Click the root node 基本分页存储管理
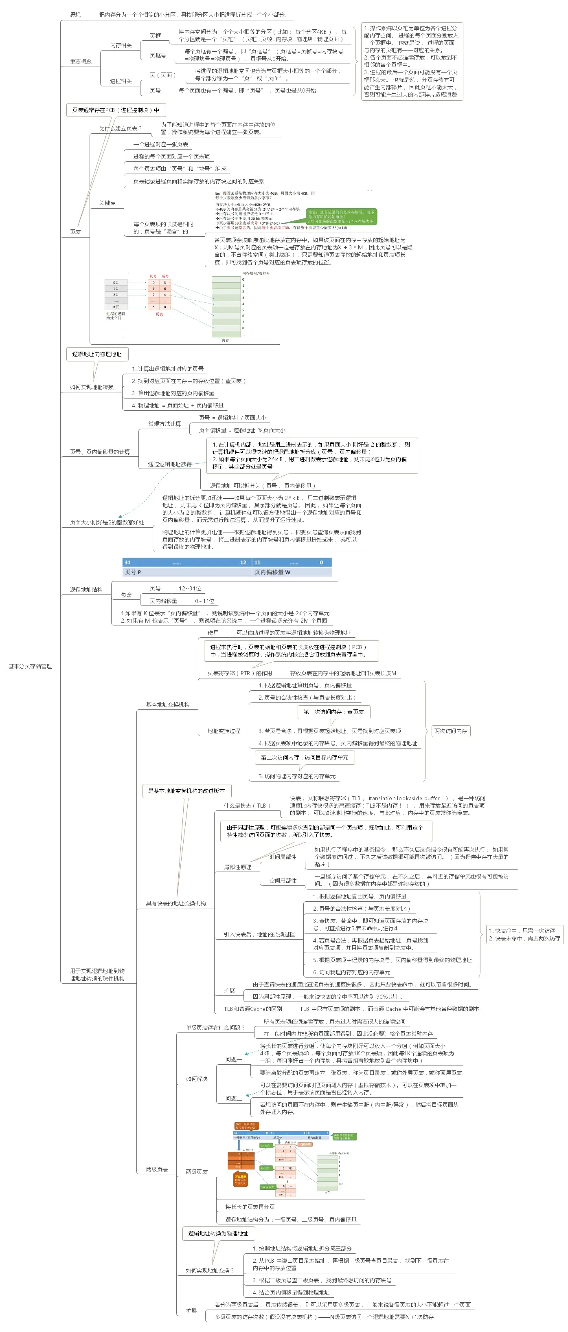point(30,666)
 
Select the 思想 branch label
point(75,15)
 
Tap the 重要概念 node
point(81,62)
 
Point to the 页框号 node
point(158,55)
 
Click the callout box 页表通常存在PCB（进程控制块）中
point(116,110)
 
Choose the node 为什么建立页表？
point(121,128)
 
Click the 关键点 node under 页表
point(107,203)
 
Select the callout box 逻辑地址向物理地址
point(97,354)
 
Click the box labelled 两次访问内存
point(451,731)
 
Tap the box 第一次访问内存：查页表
point(333,711)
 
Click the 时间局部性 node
point(283,857)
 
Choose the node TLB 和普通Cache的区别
point(253,1009)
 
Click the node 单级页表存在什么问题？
point(215,1028)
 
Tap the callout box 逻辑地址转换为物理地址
point(218,1233)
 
